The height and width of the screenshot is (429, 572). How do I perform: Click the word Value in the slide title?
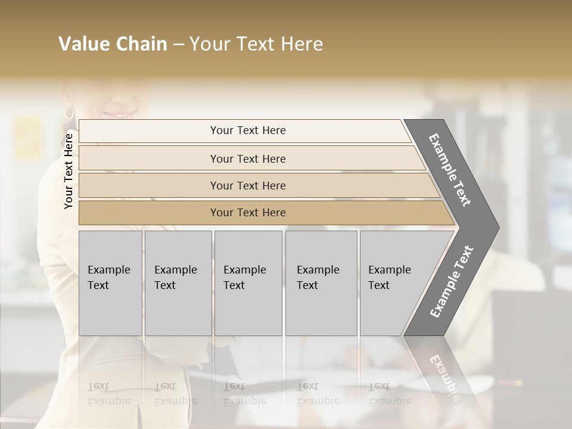click(83, 44)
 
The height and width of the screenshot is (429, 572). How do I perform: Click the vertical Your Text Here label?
click(69, 171)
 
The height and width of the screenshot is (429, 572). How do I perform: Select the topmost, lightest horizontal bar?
click(244, 130)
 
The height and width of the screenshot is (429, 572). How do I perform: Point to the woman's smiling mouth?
click(122, 113)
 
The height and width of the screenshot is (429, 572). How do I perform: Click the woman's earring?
click(68, 112)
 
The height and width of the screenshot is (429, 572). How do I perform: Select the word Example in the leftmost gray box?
click(108, 270)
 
